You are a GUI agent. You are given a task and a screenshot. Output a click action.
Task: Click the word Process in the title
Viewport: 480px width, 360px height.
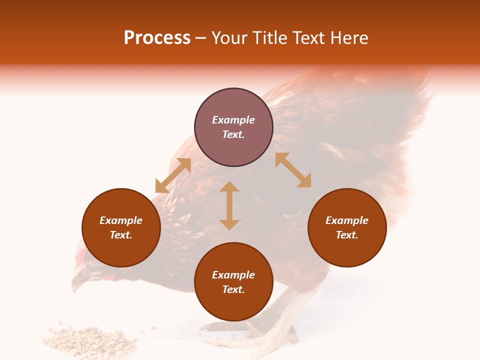pos(157,38)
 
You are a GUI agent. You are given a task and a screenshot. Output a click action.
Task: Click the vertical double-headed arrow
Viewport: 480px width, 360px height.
pos(229,205)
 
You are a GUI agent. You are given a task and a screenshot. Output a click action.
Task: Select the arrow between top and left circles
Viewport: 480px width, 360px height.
pos(173,175)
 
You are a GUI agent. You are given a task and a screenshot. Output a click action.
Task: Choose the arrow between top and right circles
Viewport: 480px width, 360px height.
pos(293,170)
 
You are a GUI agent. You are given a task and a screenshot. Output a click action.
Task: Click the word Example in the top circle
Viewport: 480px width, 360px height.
pos(233,120)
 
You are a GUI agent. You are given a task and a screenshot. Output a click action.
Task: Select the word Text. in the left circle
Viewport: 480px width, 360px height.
pos(121,235)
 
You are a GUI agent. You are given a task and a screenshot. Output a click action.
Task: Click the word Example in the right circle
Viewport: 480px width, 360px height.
pos(347,220)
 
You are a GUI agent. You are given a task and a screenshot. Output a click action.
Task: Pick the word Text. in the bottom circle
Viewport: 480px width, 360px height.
pos(233,289)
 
